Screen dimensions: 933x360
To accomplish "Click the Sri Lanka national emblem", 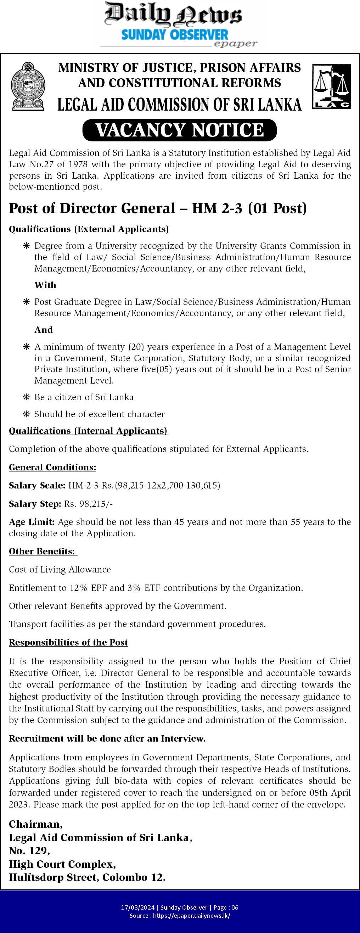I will (28, 86).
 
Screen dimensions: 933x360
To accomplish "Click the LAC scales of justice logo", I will (331, 86).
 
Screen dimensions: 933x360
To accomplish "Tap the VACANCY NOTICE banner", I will (180, 130).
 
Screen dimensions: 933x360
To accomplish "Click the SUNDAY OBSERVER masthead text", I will (175, 35).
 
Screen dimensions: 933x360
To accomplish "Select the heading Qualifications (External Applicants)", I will (89, 229).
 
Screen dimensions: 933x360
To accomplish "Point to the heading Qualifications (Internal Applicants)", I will (88, 431).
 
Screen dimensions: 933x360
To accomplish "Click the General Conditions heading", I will (52, 467).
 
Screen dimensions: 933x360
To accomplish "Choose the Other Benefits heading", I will (43, 551).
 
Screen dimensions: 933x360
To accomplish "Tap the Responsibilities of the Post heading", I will (68, 642).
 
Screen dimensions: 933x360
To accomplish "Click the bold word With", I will (45, 285).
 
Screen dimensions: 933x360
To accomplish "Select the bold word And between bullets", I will (44, 330).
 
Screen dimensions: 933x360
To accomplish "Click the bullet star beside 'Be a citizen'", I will (26, 397).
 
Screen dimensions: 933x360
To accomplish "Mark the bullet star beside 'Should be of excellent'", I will (26, 414).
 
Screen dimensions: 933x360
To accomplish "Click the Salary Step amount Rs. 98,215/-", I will (88, 504).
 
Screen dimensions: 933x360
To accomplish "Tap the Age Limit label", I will (32, 522).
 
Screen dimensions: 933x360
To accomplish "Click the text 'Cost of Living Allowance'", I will (60, 569).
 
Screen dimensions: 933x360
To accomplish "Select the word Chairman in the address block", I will (35, 824).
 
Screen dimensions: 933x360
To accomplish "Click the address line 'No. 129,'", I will (29, 850).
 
